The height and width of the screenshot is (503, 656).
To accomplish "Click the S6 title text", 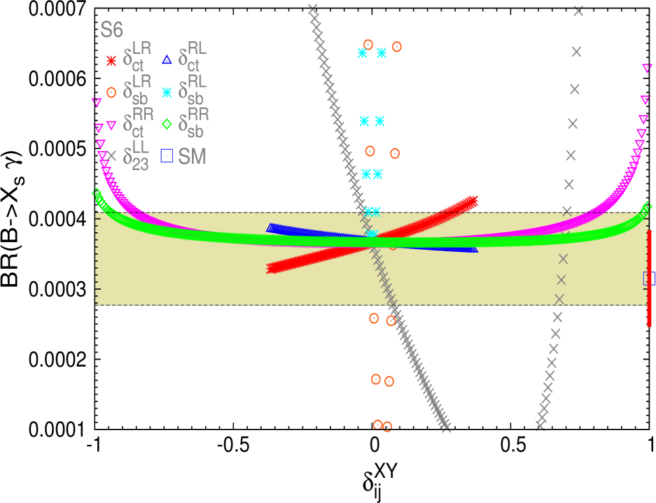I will [112, 30].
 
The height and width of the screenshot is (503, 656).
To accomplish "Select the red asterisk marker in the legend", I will [111, 61].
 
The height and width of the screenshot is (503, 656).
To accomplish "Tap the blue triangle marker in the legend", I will [167, 60].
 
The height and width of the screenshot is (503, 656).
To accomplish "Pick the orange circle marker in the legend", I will [111, 92].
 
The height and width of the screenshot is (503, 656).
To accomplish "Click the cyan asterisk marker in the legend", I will [167, 92].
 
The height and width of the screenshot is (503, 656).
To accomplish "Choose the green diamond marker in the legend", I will [167, 124].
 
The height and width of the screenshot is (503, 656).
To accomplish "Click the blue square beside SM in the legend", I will [167, 155].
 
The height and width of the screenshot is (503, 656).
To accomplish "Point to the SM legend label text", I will [193, 157].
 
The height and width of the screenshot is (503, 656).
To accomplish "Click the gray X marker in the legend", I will [111, 155].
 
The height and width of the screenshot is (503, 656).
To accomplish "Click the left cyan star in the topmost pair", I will [363, 52].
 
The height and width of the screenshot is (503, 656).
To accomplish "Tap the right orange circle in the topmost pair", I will [397, 47].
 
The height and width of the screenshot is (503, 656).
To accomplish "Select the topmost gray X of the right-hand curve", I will [578, 10].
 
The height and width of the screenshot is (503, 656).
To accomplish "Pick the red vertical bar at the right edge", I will [650, 278].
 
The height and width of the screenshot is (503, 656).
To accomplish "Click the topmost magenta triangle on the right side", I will [647, 68].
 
